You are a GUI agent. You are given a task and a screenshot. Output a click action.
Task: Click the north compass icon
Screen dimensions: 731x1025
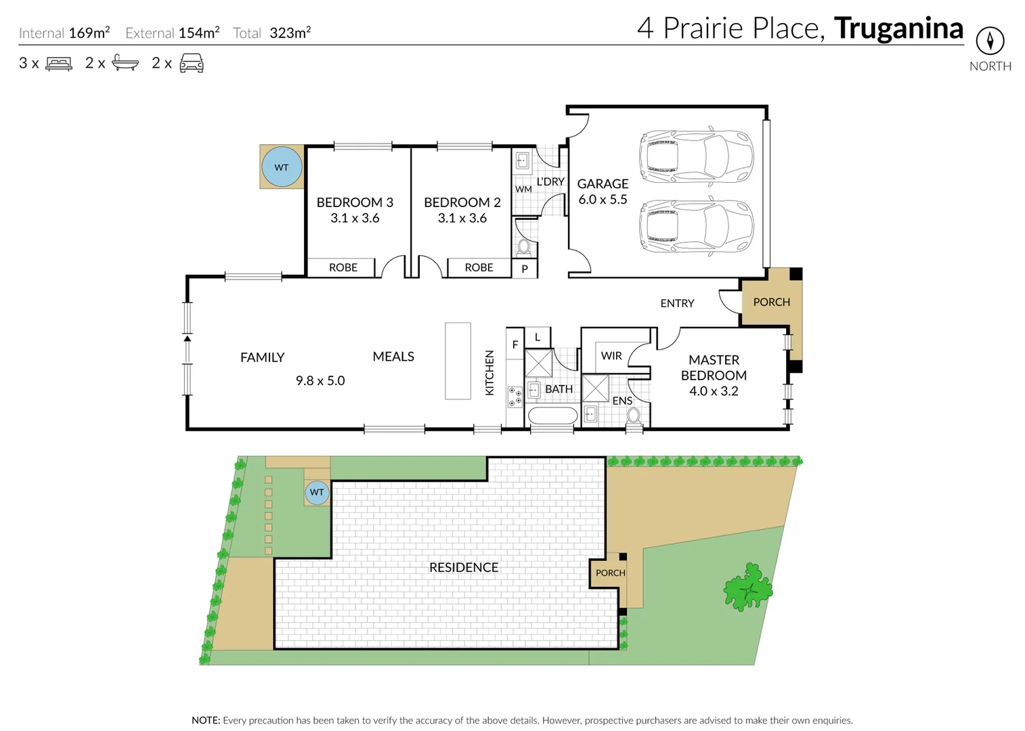(990, 41)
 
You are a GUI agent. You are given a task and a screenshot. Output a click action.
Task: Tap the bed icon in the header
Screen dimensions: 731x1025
(59, 64)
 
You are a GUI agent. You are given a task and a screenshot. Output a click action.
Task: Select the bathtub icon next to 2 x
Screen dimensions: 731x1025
(125, 63)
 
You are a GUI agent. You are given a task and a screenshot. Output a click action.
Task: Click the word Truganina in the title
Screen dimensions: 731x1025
(898, 28)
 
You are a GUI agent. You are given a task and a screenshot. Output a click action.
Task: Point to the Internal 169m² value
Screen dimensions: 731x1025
(89, 32)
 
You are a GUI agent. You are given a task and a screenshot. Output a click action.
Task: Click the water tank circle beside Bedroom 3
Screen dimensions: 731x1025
(282, 167)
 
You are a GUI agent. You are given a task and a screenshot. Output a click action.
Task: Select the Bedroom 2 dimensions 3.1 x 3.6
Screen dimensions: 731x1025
(462, 218)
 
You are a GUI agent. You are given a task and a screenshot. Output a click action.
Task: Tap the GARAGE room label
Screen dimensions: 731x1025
(603, 183)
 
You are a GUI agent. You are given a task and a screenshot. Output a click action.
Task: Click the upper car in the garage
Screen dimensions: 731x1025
(696, 156)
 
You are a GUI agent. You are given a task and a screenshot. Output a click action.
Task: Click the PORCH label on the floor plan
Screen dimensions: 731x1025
(771, 302)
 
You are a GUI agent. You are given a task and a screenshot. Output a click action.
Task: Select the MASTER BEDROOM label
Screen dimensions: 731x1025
(714, 368)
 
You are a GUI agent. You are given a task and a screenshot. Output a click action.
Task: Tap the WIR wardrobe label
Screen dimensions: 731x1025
(611, 355)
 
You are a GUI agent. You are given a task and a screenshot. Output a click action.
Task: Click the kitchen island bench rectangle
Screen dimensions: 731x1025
(458, 361)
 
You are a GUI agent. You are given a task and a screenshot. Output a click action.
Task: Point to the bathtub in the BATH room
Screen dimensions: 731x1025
(552, 415)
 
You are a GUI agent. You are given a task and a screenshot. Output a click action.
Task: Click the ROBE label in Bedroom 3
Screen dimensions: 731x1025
(343, 267)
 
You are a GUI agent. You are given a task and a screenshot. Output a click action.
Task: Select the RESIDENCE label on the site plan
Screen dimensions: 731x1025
(464, 567)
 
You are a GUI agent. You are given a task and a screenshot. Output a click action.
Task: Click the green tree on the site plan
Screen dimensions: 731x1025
(748, 587)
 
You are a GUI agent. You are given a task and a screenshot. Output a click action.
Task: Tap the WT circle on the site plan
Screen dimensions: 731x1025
(317, 492)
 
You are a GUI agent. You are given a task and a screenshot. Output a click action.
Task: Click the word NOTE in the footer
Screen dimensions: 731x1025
(206, 720)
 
